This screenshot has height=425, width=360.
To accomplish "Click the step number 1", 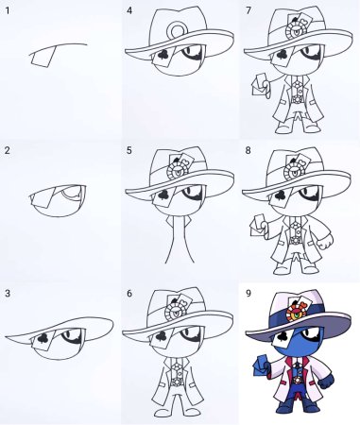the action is pyautogui.click(x=8, y=10).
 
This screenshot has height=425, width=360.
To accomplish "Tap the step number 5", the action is pyautogui.click(x=129, y=150).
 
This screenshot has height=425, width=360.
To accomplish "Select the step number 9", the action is pyautogui.click(x=249, y=294).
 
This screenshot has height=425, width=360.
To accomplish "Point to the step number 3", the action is pyautogui.click(x=8, y=294).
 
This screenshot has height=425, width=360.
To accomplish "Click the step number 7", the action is pyautogui.click(x=249, y=10).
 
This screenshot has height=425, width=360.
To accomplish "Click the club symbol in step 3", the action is pyautogui.click(x=43, y=338).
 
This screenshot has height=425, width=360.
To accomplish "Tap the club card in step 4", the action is pyautogui.click(x=163, y=58).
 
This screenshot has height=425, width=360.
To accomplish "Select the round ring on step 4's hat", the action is pyautogui.click(x=178, y=30).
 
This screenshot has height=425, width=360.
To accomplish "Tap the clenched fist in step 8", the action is pyautogui.click(x=324, y=242).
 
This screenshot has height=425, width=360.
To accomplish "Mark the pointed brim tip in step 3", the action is pyautogui.click(x=7, y=337).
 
